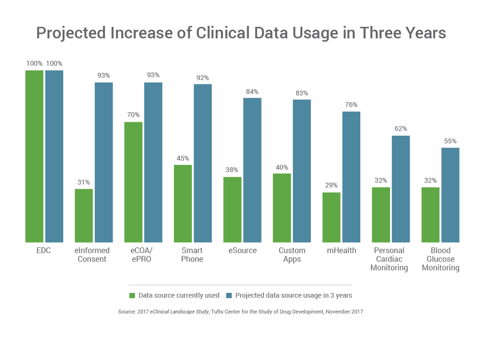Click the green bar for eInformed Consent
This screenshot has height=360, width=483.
84,215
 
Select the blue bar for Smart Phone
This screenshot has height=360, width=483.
203,163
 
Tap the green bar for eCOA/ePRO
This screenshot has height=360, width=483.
134,182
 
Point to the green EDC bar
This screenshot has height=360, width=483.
34,156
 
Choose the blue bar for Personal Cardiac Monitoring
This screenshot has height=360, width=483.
401,189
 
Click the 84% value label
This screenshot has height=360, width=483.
252,92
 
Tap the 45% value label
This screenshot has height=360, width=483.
183,159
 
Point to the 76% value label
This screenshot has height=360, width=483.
351,105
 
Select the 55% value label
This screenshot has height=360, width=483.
450,141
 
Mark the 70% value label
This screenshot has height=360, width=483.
133,115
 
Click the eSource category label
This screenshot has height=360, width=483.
242,251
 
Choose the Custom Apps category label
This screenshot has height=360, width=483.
292,255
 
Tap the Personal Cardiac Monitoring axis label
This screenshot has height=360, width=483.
389,259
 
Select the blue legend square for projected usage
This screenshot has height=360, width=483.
229,295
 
